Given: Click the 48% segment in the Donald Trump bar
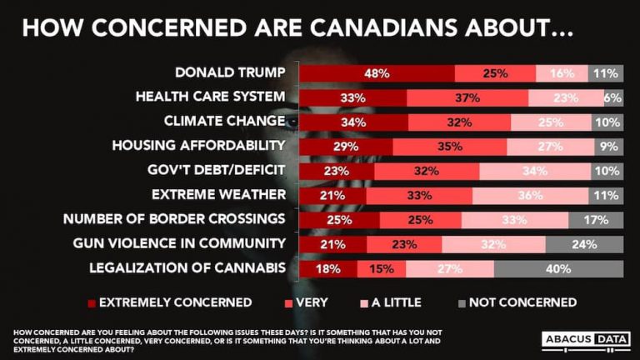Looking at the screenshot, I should pyautogui.click(x=377, y=72).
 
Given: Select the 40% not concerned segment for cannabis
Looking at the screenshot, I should pyautogui.click(x=558, y=269).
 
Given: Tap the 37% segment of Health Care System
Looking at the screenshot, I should pyautogui.click(x=467, y=97).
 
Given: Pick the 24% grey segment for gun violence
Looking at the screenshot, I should pyautogui.click(x=584, y=245).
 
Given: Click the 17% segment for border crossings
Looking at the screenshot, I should pyautogui.click(x=595, y=220).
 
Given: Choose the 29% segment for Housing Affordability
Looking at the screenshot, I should pyautogui.click(x=346, y=147).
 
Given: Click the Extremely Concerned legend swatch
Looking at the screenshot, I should pyautogui.click(x=91, y=302).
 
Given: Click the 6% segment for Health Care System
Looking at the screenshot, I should pyautogui.click(x=613, y=97).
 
